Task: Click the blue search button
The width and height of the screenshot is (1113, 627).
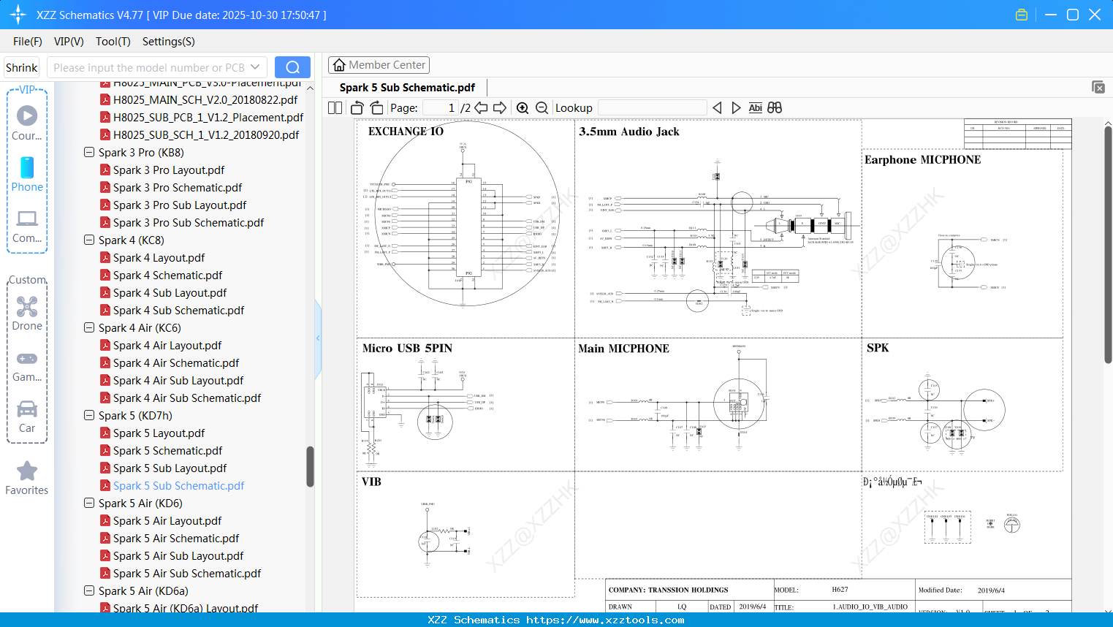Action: (x=292, y=67)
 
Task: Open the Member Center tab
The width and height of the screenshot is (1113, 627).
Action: (x=379, y=65)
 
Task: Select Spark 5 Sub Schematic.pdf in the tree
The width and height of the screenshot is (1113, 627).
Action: (x=178, y=486)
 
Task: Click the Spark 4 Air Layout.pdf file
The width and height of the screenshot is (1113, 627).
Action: (x=167, y=346)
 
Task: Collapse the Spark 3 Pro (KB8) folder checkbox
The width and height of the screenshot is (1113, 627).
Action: (x=89, y=153)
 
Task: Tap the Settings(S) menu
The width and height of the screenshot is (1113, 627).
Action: (x=168, y=42)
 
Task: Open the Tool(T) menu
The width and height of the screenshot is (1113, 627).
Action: (x=113, y=42)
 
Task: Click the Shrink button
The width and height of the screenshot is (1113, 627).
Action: (x=21, y=68)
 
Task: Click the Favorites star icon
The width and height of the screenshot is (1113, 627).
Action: (x=27, y=471)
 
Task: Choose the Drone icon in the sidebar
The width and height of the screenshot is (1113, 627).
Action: (x=27, y=307)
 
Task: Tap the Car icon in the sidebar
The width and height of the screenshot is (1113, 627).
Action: (x=27, y=409)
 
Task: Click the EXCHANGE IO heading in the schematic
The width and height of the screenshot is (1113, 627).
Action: (x=406, y=132)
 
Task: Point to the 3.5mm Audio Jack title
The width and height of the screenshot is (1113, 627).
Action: (x=628, y=132)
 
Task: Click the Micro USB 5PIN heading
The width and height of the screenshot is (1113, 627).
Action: (x=407, y=349)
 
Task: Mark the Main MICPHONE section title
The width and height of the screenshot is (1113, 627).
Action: (x=623, y=349)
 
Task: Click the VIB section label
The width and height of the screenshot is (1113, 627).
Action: (x=371, y=482)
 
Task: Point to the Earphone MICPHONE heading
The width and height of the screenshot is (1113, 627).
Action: (x=922, y=160)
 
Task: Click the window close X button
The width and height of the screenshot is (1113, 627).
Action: (x=1095, y=15)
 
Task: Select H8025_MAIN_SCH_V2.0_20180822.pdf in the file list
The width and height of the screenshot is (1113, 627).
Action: (x=205, y=100)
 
